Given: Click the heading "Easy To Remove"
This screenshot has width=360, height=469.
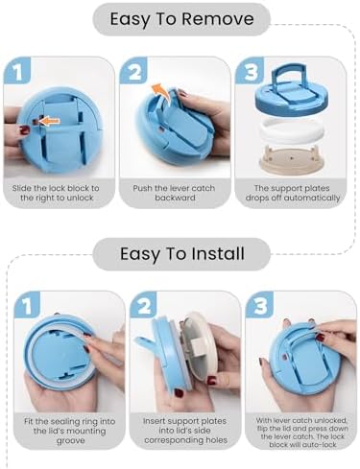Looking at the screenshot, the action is tap(181, 19).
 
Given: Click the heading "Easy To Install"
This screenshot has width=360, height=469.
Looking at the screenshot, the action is tap(182, 254).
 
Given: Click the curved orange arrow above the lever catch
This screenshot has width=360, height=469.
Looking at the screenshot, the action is tap(160, 92).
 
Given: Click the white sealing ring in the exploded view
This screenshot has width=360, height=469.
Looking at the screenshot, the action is tap(292, 132).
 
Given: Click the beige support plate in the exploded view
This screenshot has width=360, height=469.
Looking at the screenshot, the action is tap(292, 159).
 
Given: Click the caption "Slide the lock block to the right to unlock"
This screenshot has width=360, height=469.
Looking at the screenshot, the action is tap(56, 193).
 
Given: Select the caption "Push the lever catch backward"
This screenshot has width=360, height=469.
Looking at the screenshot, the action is tap(174, 193).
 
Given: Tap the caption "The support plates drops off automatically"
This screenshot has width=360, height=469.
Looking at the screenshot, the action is tap(293, 193).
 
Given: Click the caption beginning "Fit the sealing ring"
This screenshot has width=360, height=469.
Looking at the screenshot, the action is tap(69, 431).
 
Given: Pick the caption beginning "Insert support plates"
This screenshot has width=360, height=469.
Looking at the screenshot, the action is tap(185, 431).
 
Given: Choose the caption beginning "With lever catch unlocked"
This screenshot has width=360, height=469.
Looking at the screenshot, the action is tap(301, 433).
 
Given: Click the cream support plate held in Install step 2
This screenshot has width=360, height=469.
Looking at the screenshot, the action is tap(200, 344).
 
